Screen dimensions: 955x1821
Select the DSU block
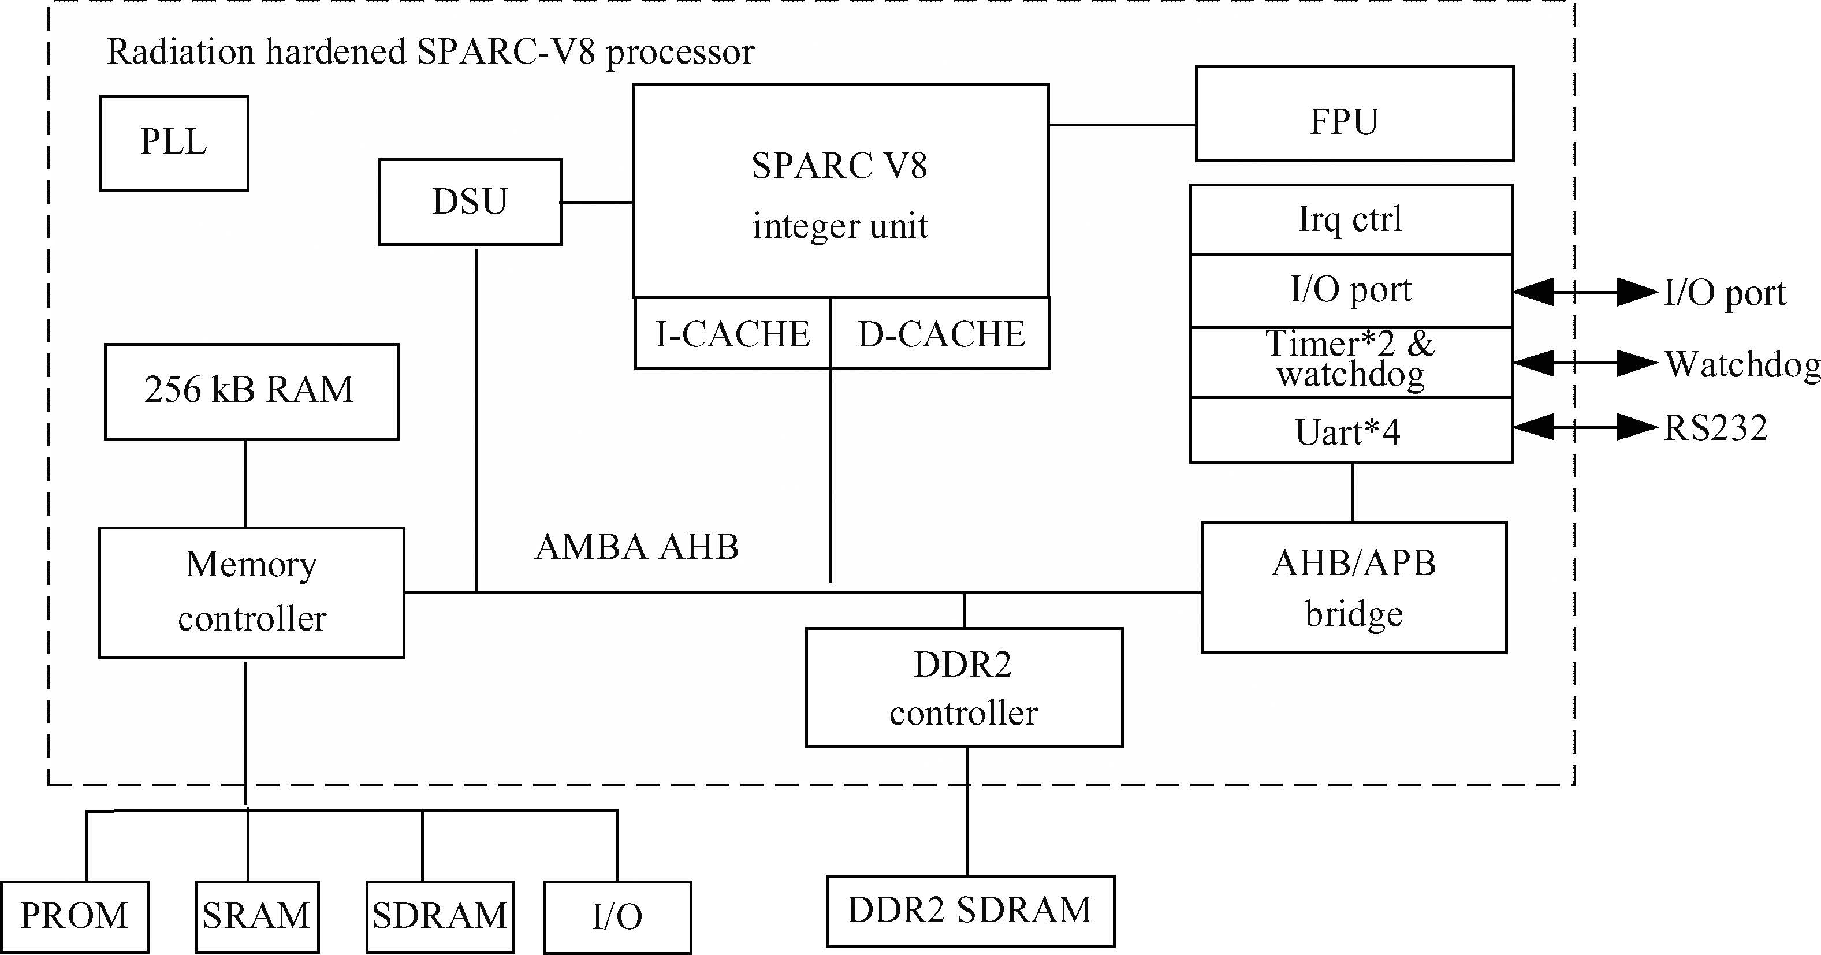point(470,202)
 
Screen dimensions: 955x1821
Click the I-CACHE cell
point(732,333)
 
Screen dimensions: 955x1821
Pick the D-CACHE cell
point(940,333)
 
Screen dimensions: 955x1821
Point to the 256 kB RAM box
point(251,391)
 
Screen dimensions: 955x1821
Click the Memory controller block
point(251,592)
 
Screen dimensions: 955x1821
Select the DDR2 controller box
point(963,688)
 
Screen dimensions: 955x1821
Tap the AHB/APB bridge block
point(1354,587)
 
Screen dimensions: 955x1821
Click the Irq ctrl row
point(1350,219)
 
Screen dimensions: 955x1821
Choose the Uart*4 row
point(1350,431)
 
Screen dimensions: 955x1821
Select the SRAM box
point(256,917)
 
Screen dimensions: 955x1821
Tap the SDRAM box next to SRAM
point(440,917)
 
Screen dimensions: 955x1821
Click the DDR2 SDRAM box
point(970,911)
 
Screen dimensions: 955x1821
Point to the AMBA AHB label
point(636,546)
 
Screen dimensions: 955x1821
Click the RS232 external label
point(1716,428)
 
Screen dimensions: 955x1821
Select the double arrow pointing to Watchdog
point(1585,363)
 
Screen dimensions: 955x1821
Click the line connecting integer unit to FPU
point(1122,125)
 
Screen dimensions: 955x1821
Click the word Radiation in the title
point(180,51)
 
